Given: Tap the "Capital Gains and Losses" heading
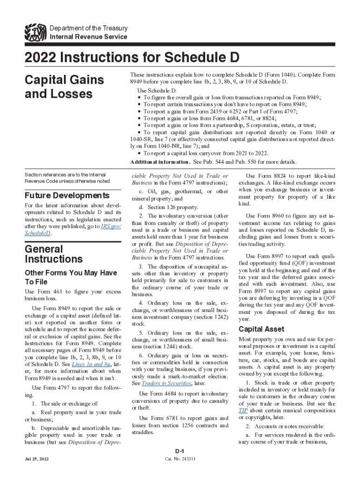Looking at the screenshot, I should pos(64,87).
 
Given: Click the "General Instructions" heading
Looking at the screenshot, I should pos(54,254).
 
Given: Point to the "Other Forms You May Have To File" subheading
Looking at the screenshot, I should pos(71,277).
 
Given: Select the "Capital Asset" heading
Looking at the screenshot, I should pos(262,329).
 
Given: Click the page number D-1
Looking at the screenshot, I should pos(179,450).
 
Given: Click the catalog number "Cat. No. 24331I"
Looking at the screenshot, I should pos(180,459).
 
